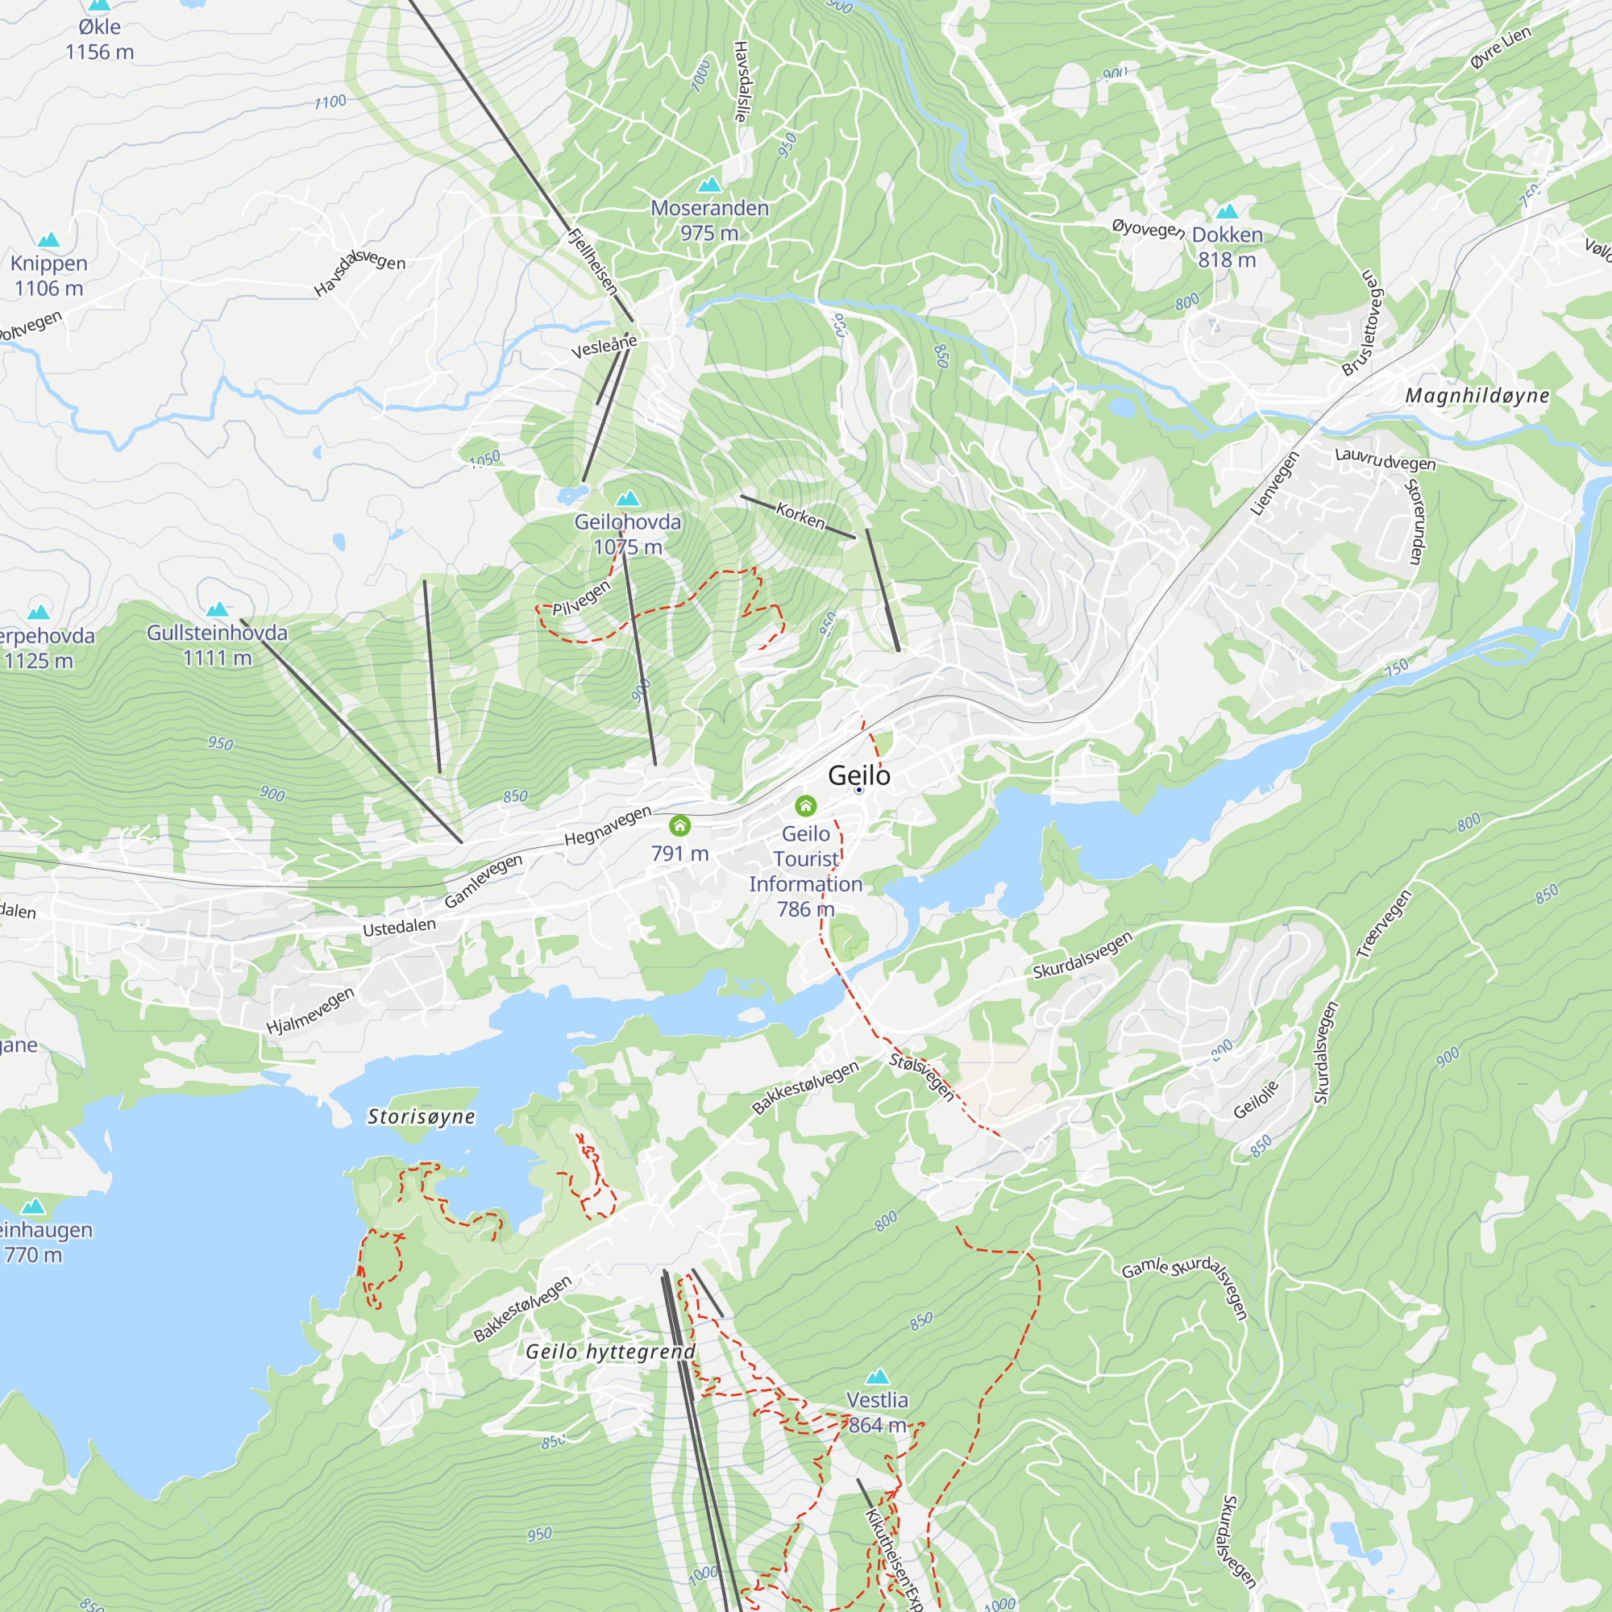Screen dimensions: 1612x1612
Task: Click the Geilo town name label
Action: (858, 775)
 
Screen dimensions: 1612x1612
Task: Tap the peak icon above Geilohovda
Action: (627, 498)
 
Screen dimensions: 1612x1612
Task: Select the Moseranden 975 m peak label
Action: (709, 220)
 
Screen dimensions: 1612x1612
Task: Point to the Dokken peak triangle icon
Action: (1227, 211)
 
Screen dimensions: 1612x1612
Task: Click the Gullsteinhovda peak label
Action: (217, 645)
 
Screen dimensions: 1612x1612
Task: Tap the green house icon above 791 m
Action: (680, 826)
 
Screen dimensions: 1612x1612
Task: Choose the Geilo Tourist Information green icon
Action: (805, 805)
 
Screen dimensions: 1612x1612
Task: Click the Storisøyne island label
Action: (422, 1116)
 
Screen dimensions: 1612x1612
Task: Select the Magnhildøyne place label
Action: (1477, 396)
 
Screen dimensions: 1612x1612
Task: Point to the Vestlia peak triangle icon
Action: (877, 1376)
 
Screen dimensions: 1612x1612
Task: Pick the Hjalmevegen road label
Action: (310, 1011)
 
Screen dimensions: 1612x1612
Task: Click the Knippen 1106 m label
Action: (48, 276)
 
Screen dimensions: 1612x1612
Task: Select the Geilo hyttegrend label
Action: (610, 1351)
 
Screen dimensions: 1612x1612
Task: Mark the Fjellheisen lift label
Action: (592, 262)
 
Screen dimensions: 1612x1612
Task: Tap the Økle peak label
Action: (99, 39)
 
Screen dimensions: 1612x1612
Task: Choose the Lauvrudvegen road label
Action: (1385, 459)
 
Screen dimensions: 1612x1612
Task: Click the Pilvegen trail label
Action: (582, 598)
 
